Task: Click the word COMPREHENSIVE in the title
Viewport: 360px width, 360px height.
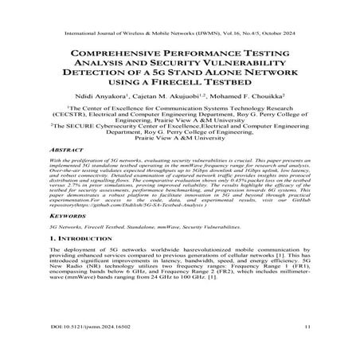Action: (109, 55)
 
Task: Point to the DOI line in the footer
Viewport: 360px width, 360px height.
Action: (84, 348)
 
